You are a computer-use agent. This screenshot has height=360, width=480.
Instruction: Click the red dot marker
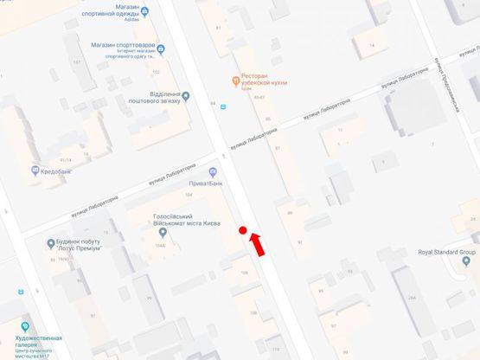click(243, 230)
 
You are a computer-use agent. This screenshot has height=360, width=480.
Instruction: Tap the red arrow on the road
click(258, 244)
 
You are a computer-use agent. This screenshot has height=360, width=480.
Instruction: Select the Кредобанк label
click(57, 170)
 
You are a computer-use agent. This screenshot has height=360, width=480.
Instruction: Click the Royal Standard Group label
click(446, 252)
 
